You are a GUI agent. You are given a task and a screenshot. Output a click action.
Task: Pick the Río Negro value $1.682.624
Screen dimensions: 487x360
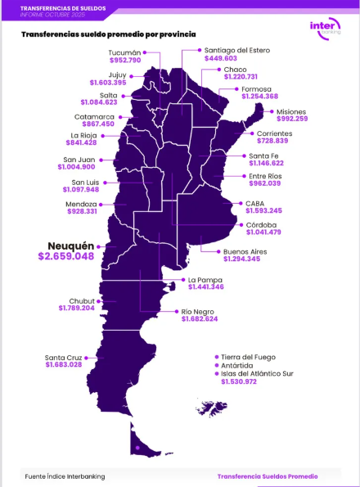click(x=210, y=318)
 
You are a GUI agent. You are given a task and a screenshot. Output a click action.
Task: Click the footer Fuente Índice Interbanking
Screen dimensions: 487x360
click(x=65, y=476)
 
